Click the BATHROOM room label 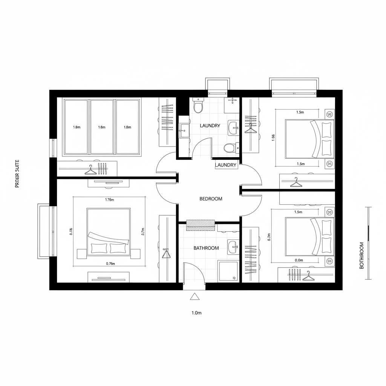(x=206, y=248)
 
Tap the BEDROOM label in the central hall (x=211, y=199)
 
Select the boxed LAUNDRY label (x=226, y=165)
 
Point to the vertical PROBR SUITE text (x=17, y=174)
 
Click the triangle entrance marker (x=195, y=297)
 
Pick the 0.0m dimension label (x=299, y=260)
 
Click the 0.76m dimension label (x=110, y=264)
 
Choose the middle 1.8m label (x=101, y=127)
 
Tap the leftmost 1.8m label (x=76, y=127)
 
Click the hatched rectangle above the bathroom (x=201, y=225)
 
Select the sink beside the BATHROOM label (x=233, y=247)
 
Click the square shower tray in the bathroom (x=228, y=271)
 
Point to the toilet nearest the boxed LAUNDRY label (x=229, y=148)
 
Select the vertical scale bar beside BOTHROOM (x=369, y=243)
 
